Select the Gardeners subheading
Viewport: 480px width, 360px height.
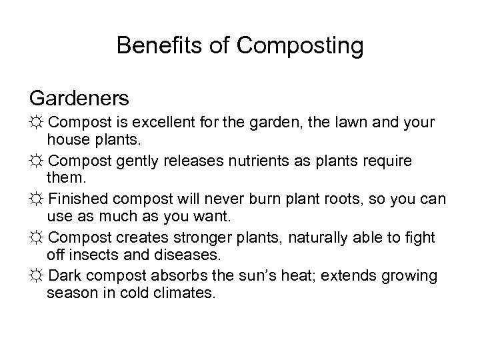click(x=79, y=98)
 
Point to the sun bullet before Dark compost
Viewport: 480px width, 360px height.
click(x=37, y=275)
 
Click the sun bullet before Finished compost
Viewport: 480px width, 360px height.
click(x=37, y=199)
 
